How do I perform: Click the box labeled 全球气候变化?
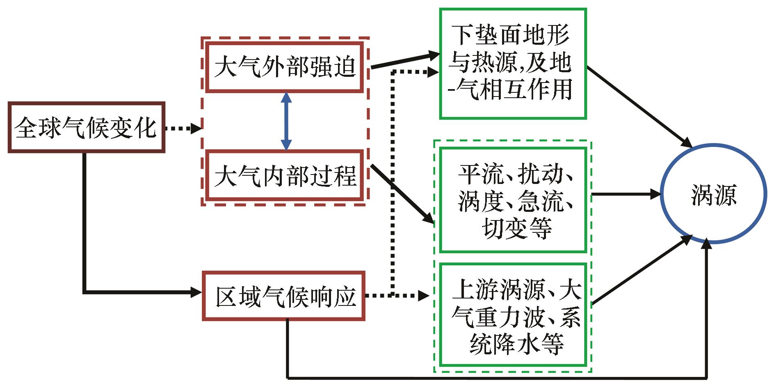point(86,127)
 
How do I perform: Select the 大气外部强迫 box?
point(284,67)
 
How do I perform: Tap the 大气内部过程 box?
point(284,176)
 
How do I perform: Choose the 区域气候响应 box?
point(284,296)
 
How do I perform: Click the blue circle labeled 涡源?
point(713,194)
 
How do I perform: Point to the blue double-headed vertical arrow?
point(286,121)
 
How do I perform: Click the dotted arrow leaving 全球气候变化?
point(183,128)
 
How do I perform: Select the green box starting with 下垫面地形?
point(513,64)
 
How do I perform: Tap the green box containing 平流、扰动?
point(513,200)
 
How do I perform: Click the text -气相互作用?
point(511,90)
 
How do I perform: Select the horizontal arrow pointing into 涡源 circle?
point(626,194)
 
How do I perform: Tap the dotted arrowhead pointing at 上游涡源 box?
point(424,295)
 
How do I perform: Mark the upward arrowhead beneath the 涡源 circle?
point(706,244)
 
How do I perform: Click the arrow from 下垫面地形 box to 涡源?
point(640,107)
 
